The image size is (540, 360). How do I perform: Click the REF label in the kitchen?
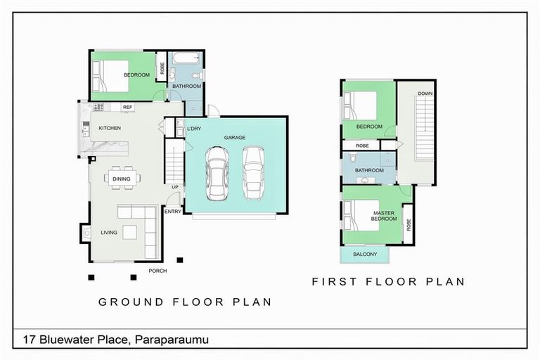pos(127,107)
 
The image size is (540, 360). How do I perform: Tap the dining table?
pos(122,179)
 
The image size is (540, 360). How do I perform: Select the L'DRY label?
pos(194,129)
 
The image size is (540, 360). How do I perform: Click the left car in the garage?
pos(217,173)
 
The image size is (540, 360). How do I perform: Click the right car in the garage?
pos(253,173)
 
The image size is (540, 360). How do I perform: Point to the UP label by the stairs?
pos(175,187)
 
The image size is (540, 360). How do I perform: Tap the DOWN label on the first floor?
pos(425,94)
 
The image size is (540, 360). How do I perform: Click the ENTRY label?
pos(173,212)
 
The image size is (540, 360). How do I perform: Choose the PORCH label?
pos(157,271)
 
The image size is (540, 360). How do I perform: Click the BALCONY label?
pos(365,255)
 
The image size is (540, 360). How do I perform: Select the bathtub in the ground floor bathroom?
pos(186,58)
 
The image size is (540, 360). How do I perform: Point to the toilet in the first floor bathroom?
pos(353,157)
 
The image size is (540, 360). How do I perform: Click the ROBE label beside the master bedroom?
pos(409,224)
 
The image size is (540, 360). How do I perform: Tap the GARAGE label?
pos(235,137)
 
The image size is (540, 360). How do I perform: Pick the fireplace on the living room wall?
pos(85,233)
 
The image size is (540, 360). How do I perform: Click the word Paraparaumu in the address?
pos(172,340)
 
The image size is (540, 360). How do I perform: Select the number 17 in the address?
pos(30,340)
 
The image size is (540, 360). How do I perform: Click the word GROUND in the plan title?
pos(131,302)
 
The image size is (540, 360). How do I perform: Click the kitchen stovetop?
pos(98,107)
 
